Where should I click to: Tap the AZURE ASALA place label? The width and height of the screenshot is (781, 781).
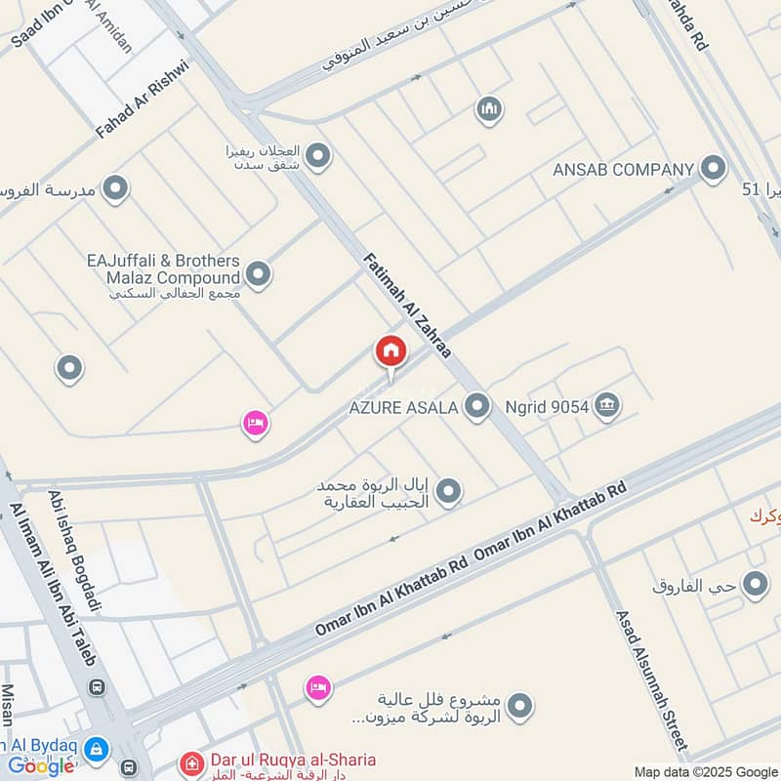(403, 408)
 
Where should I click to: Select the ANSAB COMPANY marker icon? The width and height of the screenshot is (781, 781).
(714, 168)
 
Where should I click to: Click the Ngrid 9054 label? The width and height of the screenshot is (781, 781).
(547, 407)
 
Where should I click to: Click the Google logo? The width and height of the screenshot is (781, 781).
(41, 766)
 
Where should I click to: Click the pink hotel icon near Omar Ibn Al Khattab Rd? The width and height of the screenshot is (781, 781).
(317, 688)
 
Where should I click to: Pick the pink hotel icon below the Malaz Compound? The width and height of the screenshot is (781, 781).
(256, 424)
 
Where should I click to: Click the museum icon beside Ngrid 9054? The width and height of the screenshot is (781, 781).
(607, 405)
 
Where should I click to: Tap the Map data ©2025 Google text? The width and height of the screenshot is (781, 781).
(706, 770)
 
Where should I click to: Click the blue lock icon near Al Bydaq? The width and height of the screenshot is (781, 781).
(96, 750)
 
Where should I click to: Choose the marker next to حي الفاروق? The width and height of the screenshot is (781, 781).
(755, 585)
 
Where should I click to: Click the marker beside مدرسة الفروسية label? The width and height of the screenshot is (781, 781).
(116, 188)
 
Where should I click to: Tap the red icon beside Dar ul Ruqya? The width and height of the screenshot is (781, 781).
(192, 760)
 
